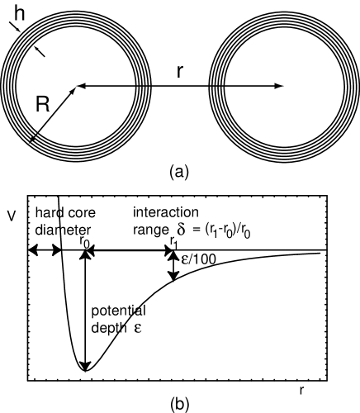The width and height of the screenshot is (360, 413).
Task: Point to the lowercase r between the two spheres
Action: pyautogui.click(x=179, y=71)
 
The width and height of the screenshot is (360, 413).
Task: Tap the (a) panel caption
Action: pyautogui.click(x=179, y=172)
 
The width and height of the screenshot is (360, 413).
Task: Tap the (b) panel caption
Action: pyautogui.click(x=179, y=404)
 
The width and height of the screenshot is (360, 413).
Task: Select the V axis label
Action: pyautogui.click(x=11, y=216)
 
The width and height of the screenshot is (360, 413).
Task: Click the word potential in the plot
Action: pyautogui.click(x=118, y=311)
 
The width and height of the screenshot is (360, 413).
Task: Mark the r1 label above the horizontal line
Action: pyautogui.click(x=173, y=240)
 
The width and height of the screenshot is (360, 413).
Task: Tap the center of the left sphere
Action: pyautogui.click(x=76, y=85)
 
